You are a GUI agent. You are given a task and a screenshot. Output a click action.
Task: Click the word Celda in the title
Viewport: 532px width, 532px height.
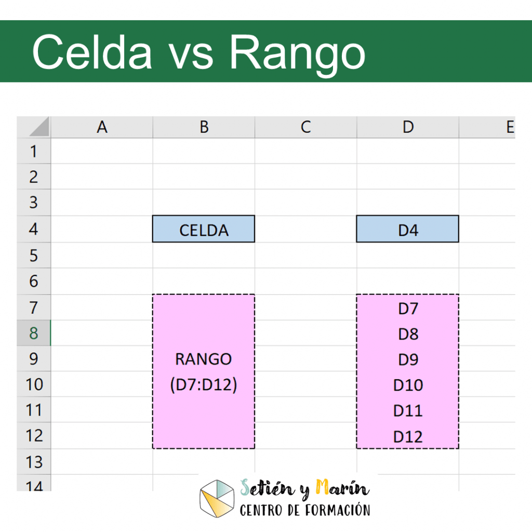[x=92, y=52]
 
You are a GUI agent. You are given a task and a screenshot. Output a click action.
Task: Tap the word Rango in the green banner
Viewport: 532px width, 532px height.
[x=297, y=56]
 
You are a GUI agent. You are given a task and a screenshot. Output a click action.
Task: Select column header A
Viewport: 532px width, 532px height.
[x=102, y=127]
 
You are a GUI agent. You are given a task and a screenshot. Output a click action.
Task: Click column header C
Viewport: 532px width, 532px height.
[x=305, y=127]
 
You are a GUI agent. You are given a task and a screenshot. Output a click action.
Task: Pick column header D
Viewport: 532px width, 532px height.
[x=408, y=127]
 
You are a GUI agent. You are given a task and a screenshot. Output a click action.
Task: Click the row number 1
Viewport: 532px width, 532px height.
[x=33, y=151]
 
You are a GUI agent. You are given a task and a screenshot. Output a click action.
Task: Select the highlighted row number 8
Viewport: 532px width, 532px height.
[x=33, y=333]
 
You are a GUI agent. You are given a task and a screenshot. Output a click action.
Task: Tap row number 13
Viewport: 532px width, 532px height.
[x=33, y=462]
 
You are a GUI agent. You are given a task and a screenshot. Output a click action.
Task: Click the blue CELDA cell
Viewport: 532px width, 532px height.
[x=204, y=229]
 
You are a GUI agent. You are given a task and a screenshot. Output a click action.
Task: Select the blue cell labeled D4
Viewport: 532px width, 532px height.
[x=407, y=229]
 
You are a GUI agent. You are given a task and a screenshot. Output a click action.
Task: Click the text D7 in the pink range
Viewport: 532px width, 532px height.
[x=408, y=309]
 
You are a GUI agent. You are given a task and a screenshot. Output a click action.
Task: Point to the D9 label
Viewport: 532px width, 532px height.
[x=408, y=360]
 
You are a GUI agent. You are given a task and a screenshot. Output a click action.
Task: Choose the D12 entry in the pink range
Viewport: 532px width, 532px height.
[x=408, y=436]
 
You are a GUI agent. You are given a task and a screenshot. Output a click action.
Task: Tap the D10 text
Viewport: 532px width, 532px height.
[x=408, y=385]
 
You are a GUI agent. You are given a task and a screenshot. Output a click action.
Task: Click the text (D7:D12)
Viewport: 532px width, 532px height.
[x=204, y=385]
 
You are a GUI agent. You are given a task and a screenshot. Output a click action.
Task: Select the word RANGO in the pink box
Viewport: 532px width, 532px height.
[x=204, y=360]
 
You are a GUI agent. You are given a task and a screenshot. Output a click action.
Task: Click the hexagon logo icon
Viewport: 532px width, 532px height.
[x=217, y=499]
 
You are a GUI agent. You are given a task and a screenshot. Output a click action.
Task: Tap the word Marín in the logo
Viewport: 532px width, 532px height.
[x=342, y=488]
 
